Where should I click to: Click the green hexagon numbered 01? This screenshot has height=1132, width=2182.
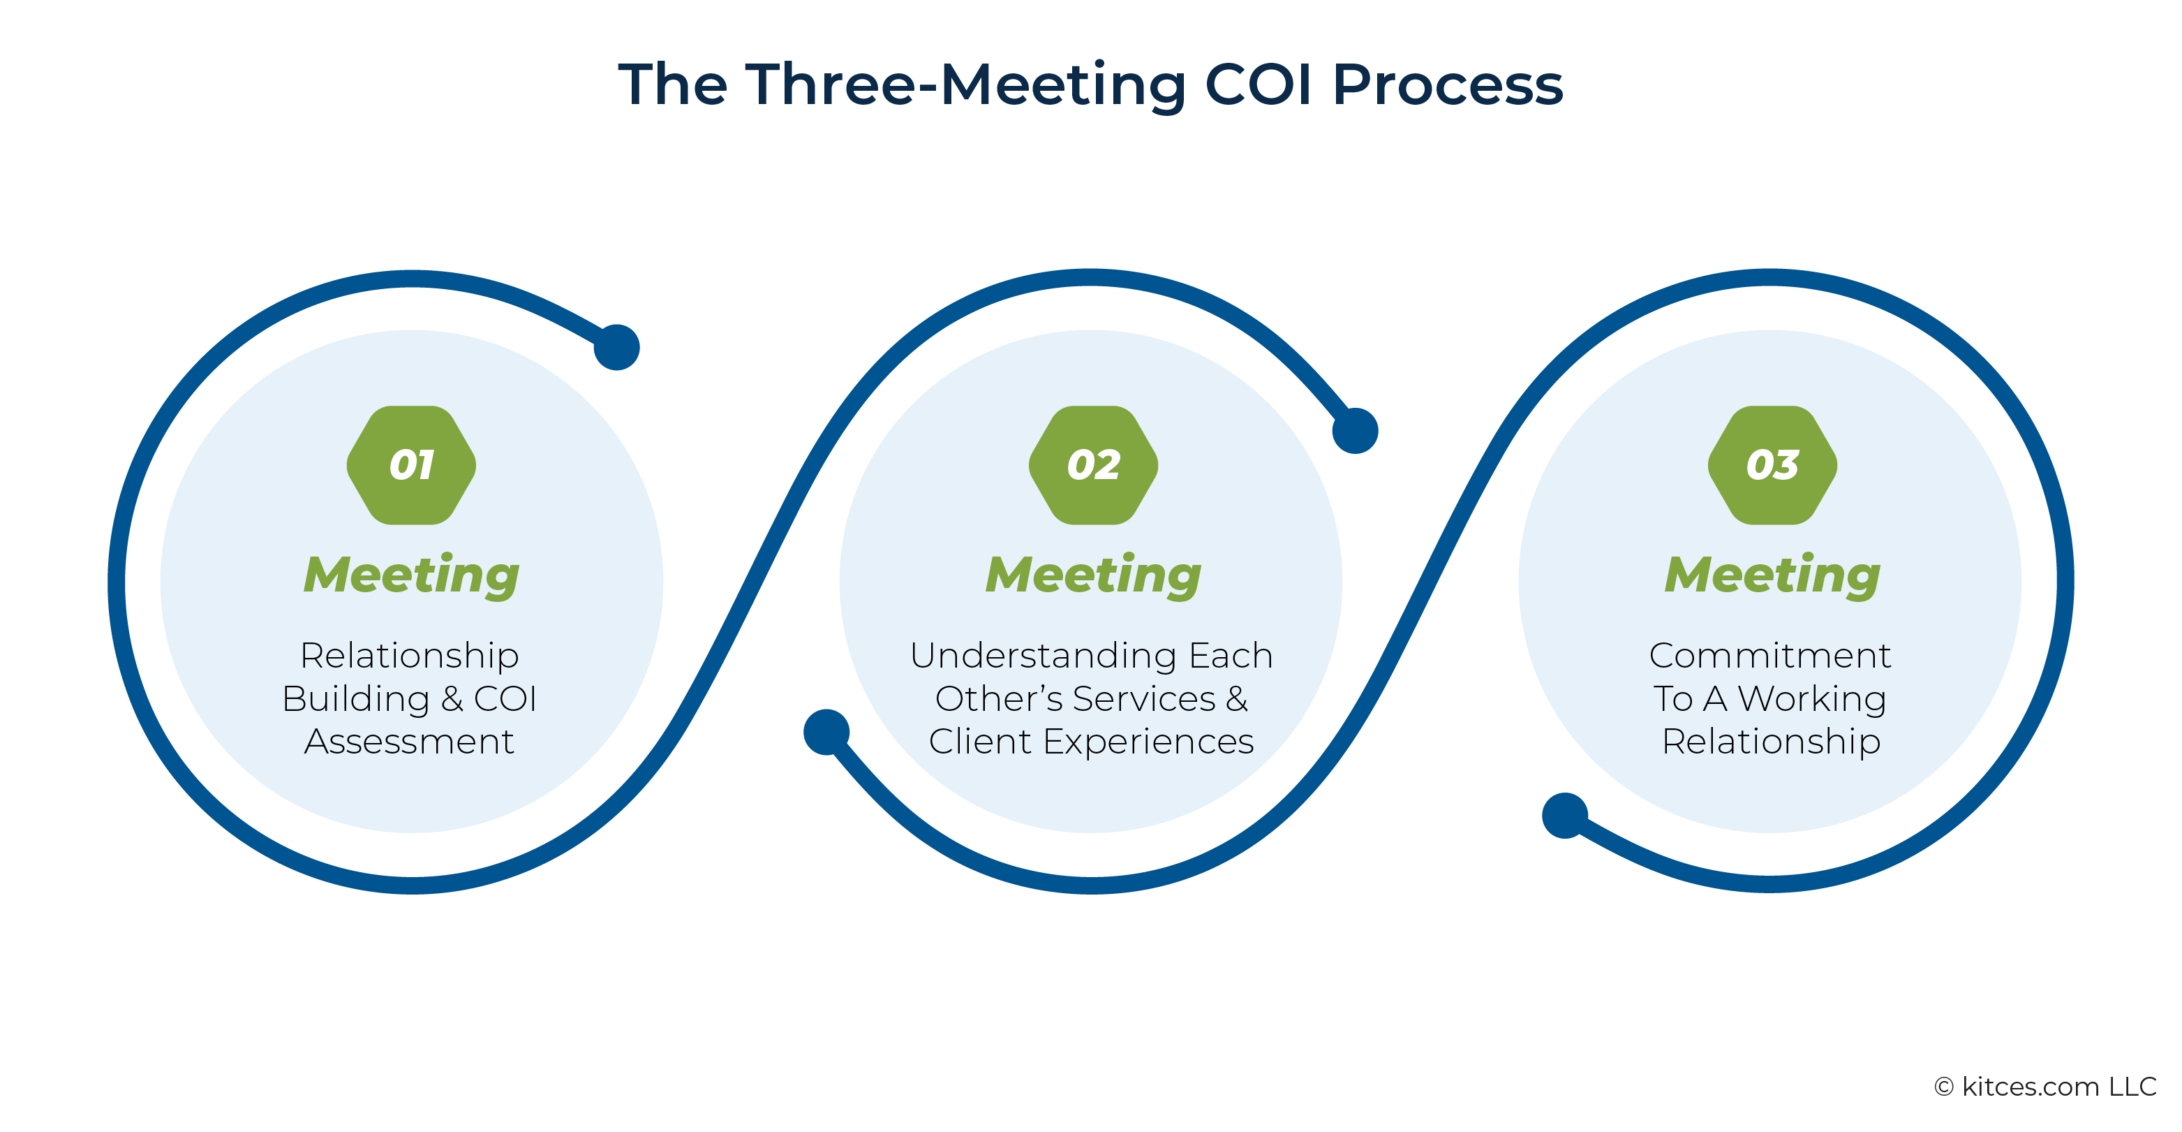click(x=411, y=465)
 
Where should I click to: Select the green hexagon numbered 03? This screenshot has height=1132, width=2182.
click(x=1772, y=465)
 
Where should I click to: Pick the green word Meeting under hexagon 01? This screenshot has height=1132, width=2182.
click(x=412, y=576)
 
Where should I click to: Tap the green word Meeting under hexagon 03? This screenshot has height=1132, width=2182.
click(x=1772, y=576)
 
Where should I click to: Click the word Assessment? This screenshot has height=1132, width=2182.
click(x=409, y=742)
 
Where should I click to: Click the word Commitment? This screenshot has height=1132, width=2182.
click(x=1769, y=656)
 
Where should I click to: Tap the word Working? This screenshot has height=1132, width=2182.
click(x=1812, y=700)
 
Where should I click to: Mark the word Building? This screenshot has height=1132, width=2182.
click(x=356, y=700)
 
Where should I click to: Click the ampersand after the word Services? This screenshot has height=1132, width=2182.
click(x=1237, y=699)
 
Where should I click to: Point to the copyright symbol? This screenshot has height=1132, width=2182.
click(x=1944, y=1087)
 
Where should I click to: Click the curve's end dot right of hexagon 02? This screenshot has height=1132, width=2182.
click(x=1356, y=430)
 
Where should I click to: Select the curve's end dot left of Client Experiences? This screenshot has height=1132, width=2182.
click(x=826, y=732)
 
